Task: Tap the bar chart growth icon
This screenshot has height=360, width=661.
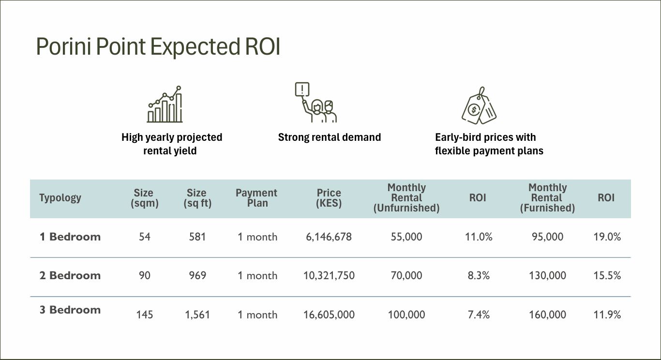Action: (165, 105)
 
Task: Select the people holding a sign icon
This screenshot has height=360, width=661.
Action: (315, 103)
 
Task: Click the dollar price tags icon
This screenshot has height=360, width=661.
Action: (479, 106)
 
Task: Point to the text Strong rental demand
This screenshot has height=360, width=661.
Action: (330, 137)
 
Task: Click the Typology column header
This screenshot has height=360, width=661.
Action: (60, 198)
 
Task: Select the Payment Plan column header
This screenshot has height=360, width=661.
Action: (256, 198)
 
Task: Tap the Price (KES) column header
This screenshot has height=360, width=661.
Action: (329, 198)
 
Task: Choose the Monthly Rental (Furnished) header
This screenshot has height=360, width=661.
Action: (547, 198)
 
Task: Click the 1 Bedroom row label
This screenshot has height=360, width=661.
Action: (70, 237)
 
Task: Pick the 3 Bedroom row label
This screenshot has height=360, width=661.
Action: (70, 310)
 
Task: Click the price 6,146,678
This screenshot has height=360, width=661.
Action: (329, 237)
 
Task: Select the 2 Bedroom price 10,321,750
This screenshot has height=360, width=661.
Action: (329, 276)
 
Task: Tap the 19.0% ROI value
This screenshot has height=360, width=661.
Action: (607, 237)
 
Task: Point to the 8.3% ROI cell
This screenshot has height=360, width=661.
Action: (478, 276)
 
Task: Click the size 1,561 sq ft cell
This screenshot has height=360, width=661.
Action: (197, 315)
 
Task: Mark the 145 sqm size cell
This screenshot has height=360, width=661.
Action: (144, 315)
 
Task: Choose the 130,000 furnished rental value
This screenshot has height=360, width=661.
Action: (547, 276)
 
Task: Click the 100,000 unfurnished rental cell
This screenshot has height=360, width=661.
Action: (406, 315)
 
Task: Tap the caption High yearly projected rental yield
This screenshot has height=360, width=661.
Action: (172, 144)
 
